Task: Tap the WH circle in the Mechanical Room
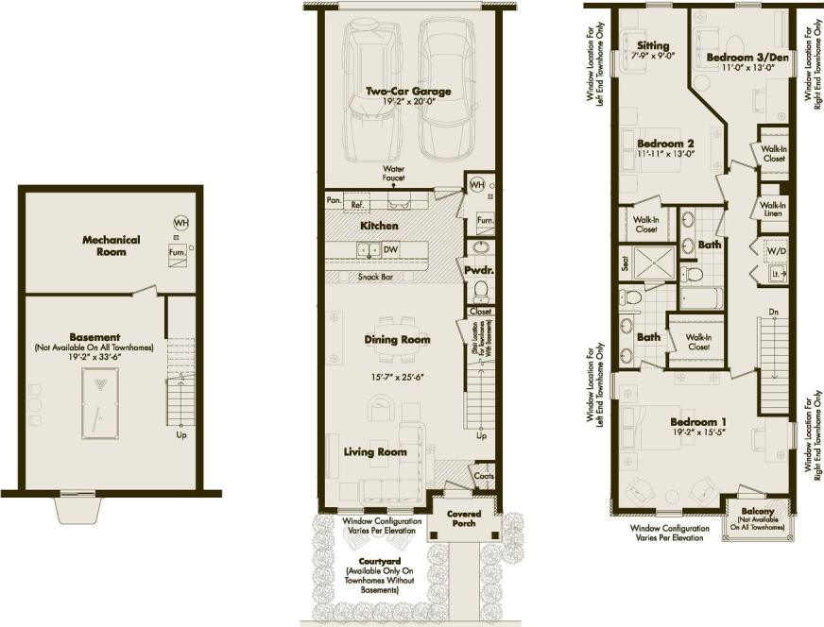coord(180,222)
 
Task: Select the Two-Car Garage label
coord(408,92)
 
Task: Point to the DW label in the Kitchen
coord(389,250)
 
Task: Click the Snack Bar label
coord(377,277)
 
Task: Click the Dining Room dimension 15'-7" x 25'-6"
coord(398,376)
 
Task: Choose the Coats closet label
coord(483,477)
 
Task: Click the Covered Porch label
coord(463,519)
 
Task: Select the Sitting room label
coord(653,45)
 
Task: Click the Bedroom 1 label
coord(700,421)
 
